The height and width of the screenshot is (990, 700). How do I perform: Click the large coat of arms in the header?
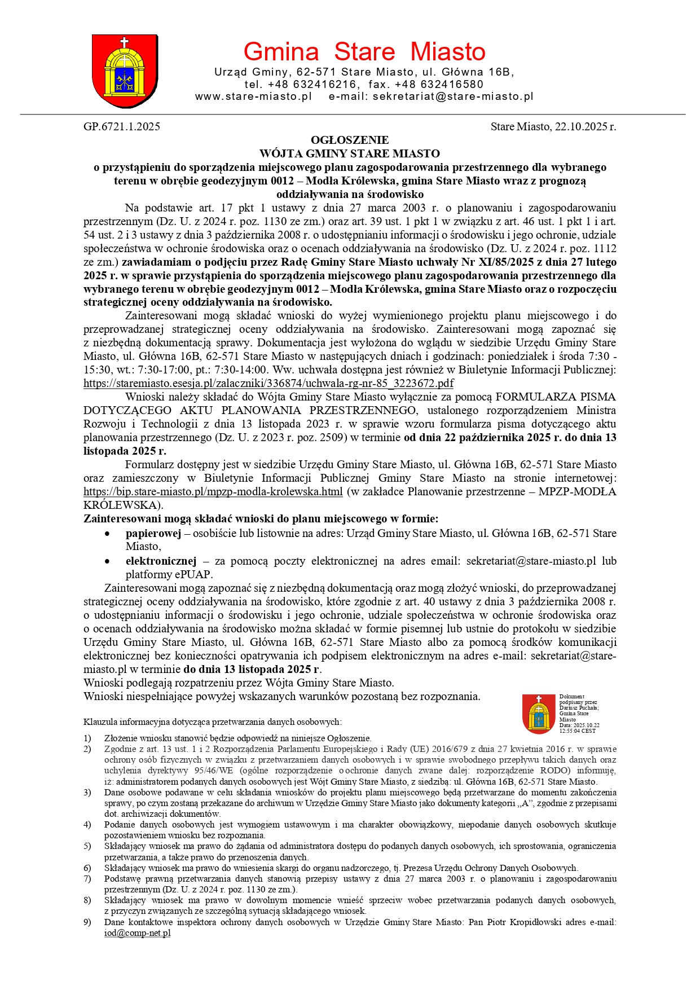pyautogui.click(x=124, y=70)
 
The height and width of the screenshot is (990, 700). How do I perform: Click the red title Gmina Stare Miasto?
pyautogui.click(x=364, y=52)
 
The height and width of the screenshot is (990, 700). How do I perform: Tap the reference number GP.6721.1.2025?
pyautogui.click(x=122, y=126)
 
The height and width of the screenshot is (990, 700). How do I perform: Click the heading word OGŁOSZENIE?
pyautogui.click(x=350, y=140)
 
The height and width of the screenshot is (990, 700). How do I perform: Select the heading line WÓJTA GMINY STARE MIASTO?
pyautogui.click(x=350, y=153)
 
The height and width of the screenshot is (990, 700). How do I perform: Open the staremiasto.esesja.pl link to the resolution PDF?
pyautogui.click(x=268, y=384)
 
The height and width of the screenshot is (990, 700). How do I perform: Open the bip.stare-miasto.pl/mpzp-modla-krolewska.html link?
pyautogui.click(x=213, y=491)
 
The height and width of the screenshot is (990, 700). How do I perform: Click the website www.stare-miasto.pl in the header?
pyautogui.click(x=253, y=96)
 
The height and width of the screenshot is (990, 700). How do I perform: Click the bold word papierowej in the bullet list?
pyautogui.click(x=153, y=533)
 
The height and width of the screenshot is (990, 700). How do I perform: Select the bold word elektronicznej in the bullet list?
pyautogui.click(x=161, y=561)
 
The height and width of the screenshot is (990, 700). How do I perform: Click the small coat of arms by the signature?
pyautogui.click(x=539, y=714)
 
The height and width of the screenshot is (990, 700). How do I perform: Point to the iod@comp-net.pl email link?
pyautogui.click(x=137, y=933)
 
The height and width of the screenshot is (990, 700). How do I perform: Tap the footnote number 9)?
pyautogui.click(x=87, y=922)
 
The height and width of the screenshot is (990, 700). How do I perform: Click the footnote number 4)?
pyautogui.click(x=87, y=825)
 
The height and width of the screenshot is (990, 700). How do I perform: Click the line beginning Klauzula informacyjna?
pyautogui.click(x=212, y=722)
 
